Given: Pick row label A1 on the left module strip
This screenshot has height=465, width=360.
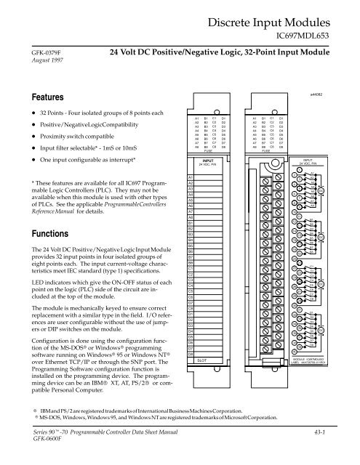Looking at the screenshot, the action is coord(191,177).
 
